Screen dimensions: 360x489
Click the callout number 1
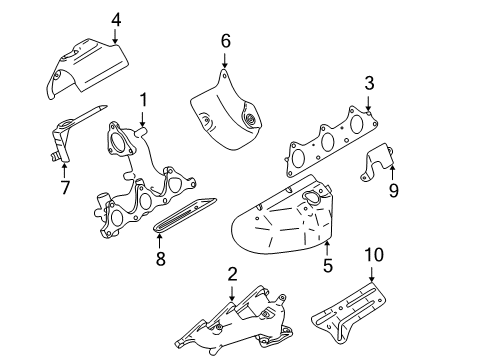[143, 100]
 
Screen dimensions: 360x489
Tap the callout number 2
[232, 273]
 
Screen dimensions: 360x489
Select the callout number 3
[369, 83]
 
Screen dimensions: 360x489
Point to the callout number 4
[116, 18]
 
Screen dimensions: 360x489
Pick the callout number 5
[325, 265]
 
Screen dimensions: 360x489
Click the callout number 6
[225, 41]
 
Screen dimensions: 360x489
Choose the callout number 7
[65, 186]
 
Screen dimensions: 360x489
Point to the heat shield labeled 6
[225, 110]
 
